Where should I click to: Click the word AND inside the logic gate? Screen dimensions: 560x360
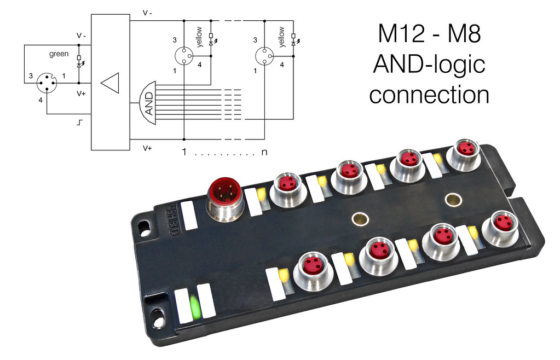coord(149,103)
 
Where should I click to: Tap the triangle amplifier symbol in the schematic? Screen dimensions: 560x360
coord(110,83)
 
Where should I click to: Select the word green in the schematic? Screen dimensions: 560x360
coord(59,54)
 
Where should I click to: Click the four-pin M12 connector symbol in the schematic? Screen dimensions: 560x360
coord(47,83)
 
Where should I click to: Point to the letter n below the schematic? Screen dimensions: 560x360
coord(264,152)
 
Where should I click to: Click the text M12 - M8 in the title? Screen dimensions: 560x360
coord(429,33)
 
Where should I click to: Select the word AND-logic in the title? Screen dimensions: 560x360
coord(429,64)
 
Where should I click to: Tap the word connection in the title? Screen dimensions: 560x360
coord(429,95)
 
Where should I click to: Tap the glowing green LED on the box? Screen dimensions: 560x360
coord(195,307)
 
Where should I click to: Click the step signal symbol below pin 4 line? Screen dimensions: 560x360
coord(79,123)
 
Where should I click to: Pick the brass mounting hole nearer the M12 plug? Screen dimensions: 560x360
coord(360,218)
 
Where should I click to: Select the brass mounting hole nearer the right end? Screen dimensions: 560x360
coord(453,200)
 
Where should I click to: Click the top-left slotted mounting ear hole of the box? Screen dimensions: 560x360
coord(144,228)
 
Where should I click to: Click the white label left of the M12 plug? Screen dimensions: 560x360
coord(189,215)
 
